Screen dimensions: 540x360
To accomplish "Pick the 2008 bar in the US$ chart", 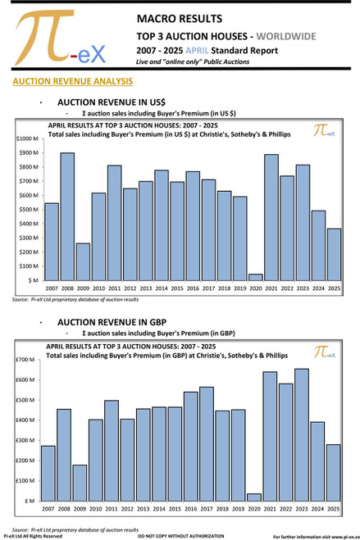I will pyautogui.click(x=67, y=216).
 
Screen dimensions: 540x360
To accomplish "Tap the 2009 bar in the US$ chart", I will pyautogui.click(x=82, y=261).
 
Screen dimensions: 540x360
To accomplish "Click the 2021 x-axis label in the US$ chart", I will pyautogui.click(x=270, y=288).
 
